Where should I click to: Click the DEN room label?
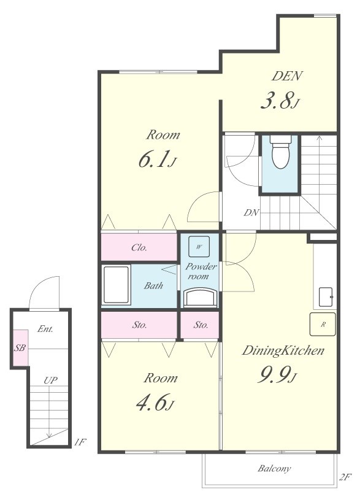[287, 76]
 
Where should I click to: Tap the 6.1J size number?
[156, 159]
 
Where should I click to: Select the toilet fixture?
[280, 152]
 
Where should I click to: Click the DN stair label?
[251, 213]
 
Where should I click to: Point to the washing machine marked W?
[199, 247]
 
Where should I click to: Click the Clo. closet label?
[139, 248]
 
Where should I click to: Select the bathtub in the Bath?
[117, 285]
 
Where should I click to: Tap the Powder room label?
[201, 271]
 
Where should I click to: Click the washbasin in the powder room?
[201, 298]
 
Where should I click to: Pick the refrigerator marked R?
[323, 324]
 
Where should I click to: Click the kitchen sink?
[326, 297]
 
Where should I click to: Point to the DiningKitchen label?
[283, 350]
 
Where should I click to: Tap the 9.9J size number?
[277, 375]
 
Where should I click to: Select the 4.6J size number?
[155, 403]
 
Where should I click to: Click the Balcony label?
[274, 468]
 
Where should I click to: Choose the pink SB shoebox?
[20, 348]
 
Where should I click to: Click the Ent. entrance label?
[45, 329]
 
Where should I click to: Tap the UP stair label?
[50, 380]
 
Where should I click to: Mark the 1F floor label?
[80, 442]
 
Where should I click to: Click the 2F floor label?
[345, 477]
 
